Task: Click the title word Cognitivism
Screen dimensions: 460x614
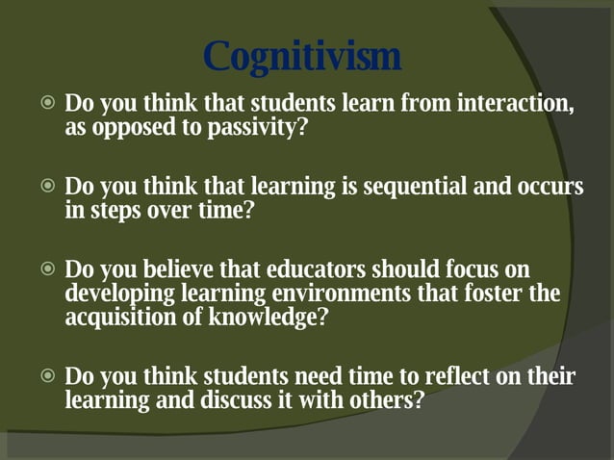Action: [x=303, y=56]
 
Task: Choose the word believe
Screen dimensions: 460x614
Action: [x=182, y=269]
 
